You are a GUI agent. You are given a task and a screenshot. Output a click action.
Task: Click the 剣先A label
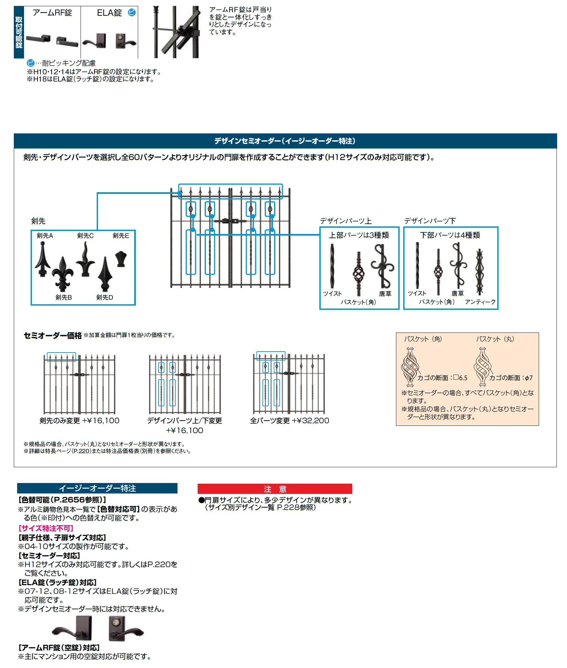coord(45,236)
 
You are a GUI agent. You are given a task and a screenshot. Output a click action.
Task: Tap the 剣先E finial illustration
coord(121,259)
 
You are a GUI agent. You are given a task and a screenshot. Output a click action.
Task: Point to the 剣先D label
coord(105,297)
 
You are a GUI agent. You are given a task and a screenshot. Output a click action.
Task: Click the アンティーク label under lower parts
coord(480,302)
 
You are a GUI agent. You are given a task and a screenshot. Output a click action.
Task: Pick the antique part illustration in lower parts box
coord(480,271)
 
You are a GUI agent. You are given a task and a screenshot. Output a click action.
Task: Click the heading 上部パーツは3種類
coord(359,235)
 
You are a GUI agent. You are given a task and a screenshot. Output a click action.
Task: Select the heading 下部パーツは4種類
coord(450,235)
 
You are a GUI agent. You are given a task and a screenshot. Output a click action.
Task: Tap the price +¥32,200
coord(310,421)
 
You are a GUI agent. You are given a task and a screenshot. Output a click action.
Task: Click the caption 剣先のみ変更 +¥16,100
coord(79,421)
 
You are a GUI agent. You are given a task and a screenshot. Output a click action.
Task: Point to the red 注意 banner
coord(275,489)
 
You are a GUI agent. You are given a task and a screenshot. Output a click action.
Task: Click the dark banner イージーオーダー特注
coord(97,488)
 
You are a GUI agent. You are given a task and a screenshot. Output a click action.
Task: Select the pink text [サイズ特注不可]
coord(46,528)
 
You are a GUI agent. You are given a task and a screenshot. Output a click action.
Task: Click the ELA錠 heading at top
coord(109,13)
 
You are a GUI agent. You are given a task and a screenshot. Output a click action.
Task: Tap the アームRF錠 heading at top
coord(52,13)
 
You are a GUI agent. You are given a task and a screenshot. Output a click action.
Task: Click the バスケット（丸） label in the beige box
coord(495,339)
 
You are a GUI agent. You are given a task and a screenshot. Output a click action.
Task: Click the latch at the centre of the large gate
coord(230,221)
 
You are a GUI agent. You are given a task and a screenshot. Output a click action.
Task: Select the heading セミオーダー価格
coord(53,335)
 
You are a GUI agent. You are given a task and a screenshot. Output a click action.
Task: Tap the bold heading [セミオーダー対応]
coord(49,556)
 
